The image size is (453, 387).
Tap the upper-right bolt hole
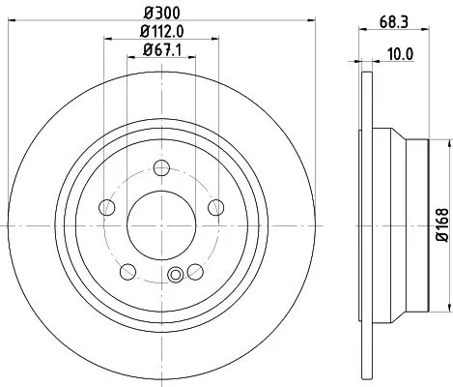[x=215, y=206]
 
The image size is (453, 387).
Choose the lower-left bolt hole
[x=128, y=269]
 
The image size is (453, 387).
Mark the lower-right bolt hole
[x=196, y=269]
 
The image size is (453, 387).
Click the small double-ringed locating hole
[x=175, y=277]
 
